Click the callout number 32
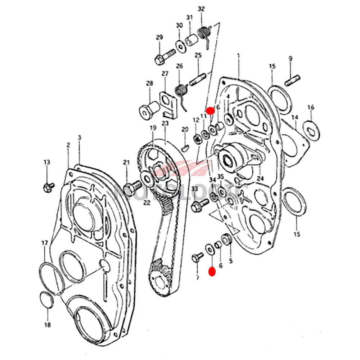[201, 9]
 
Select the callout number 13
[47, 162]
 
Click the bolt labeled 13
[48, 186]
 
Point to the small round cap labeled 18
[47, 300]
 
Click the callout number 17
[45, 243]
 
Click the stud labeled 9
[292, 81]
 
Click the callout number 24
[260, 178]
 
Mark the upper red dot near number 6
[211, 111]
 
